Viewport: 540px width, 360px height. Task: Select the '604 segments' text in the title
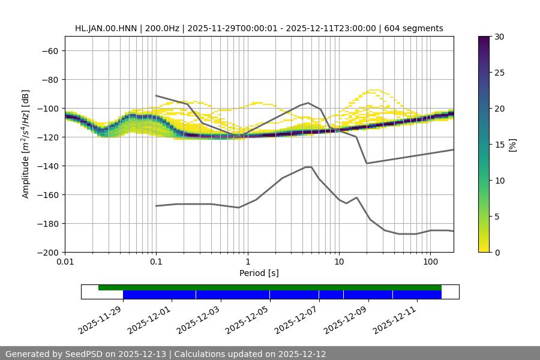click(x=413, y=28)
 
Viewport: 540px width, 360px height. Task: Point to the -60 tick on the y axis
click(x=50, y=50)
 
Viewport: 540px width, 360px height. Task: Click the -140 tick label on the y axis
click(x=47, y=166)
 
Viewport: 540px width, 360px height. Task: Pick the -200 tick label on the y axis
click(x=47, y=252)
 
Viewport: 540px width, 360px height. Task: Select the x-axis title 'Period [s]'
click(x=259, y=273)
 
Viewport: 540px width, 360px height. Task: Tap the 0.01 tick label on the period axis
click(x=65, y=262)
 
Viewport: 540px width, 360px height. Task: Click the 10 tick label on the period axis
click(x=339, y=262)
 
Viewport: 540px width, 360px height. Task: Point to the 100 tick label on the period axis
click(x=430, y=262)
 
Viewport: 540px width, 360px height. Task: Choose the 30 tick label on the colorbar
click(x=499, y=37)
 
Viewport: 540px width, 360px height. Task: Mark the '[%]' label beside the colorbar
click(x=512, y=145)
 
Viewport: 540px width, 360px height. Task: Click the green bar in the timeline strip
click(x=270, y=287)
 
